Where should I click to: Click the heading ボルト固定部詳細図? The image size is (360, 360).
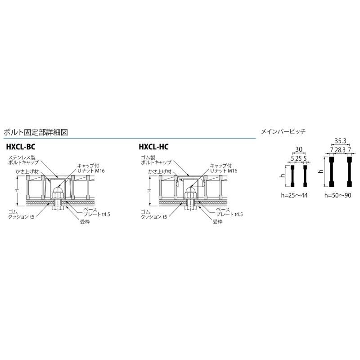tap(36, 132)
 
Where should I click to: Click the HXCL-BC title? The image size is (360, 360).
tap(21, 147)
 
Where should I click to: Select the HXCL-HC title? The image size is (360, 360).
tap(153, 147)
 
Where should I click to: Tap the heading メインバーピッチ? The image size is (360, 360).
tap(283, 132)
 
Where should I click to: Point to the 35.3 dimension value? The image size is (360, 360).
tap(340, 141)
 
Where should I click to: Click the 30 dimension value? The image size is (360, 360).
tap(299, 150)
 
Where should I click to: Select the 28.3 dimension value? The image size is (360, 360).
tap(340, 150)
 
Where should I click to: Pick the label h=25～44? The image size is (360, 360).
tap(294, 195)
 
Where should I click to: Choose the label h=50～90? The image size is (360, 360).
tap(338, 195)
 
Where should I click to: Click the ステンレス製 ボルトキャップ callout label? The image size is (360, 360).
tap(23, 160)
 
